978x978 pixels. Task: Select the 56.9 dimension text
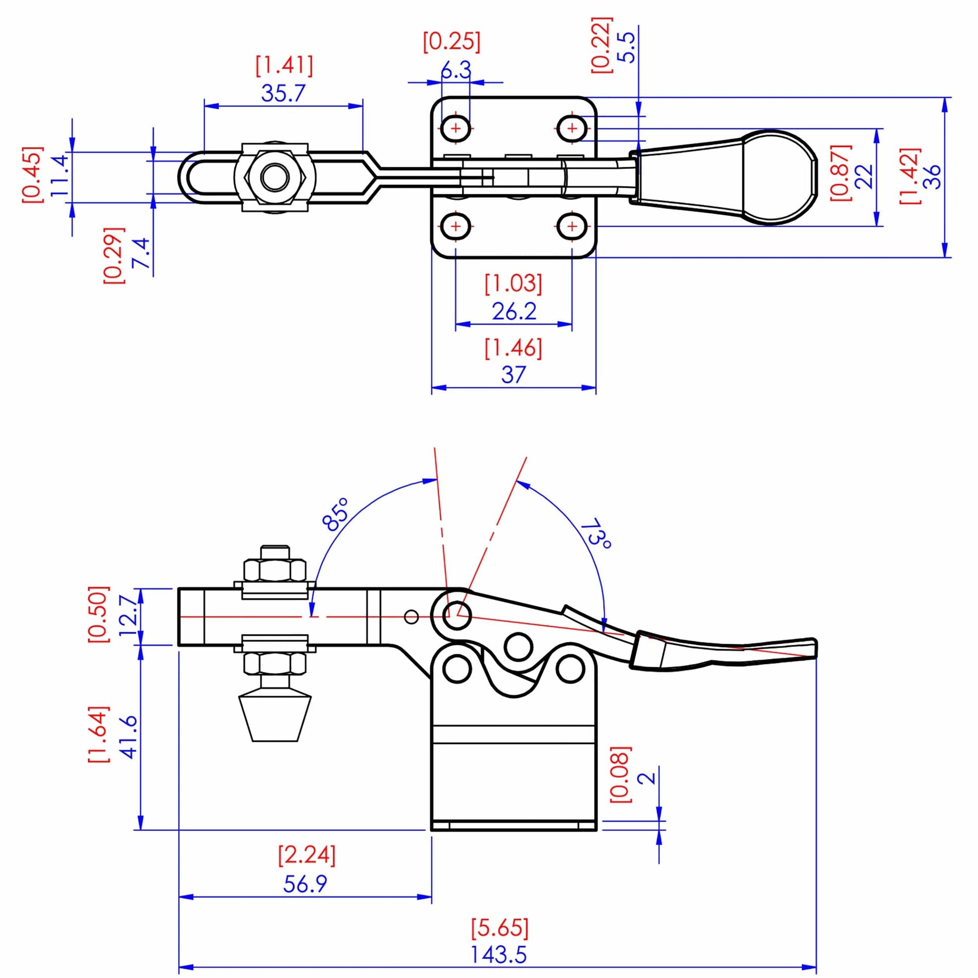tap(305, 884)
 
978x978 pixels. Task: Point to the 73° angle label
tap(598, 534)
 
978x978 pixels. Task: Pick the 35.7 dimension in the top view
tap(283, 93)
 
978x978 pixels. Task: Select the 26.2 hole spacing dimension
tap(514, 311)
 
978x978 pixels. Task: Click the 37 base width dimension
tap(513, 375)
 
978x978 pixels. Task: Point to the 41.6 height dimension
tap(130, 737)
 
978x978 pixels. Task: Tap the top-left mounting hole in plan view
tap(456, 129)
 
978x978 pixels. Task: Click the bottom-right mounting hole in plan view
tap(572, 226)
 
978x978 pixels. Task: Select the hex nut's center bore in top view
tap(275, 177)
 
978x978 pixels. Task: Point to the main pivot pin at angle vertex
tap(457, 616)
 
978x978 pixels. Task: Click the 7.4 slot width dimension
tap(141, 253)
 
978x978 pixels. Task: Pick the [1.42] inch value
tap(910, 176)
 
